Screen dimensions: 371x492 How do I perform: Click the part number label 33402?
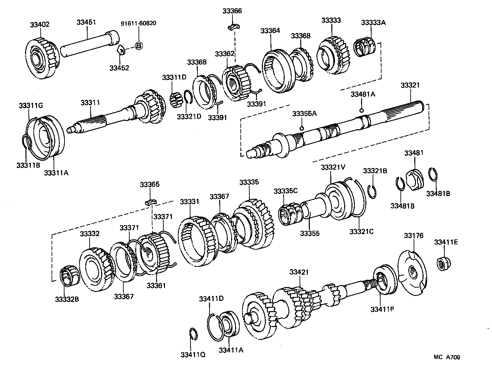click(x=40, y=24)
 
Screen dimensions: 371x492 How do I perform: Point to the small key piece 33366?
click(x=234, y=26)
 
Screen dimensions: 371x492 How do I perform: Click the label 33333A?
click(x=373, y=22)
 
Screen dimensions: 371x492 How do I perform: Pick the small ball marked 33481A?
click(x=361, y=110)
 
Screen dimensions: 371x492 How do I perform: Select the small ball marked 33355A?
click(x=302, y=128)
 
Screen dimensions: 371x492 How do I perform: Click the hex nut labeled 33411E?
click(x=442, y=263)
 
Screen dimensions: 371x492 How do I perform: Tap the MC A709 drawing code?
click(x=447, y=357)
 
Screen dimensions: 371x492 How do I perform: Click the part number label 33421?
click(x=299, y=272)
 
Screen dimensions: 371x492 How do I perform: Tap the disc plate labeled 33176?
click(x=412, y=271)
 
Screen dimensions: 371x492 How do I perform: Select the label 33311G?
click(x=31, y=106)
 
